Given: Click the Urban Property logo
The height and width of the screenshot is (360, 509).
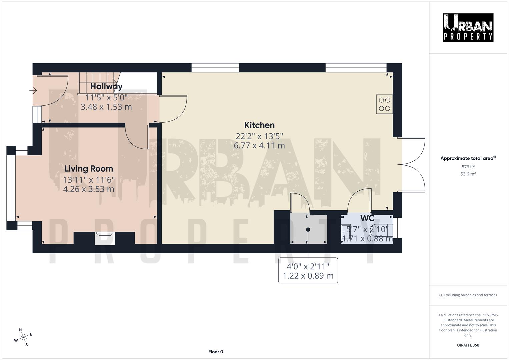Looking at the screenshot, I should tap(468, 27).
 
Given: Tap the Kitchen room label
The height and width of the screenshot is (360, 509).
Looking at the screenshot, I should tap(259, 125).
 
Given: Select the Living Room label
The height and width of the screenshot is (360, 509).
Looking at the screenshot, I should tap(89, 169).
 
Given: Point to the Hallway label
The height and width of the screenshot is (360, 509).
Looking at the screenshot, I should tap(106, 86).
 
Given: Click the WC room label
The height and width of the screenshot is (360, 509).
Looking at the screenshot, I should tap(367, 218).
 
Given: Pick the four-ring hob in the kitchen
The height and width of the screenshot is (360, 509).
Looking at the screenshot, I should tap(384, 104).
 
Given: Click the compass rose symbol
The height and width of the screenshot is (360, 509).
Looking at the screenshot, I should tap(23, 337).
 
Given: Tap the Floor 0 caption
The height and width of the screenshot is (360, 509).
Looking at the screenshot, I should tap(216, 352).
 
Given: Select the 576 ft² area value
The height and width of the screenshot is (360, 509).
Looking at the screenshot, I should tap(468, 167).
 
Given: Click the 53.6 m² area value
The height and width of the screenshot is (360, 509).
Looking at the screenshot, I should tap(468, 174).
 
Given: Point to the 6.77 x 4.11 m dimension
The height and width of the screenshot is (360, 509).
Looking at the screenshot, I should tap(259, 145).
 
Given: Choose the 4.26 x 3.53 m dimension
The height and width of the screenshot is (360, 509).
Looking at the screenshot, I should tap(89, 189).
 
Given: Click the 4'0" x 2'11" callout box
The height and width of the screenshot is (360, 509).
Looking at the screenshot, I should tap(308, 271).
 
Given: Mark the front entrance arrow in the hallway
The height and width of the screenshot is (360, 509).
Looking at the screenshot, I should tap(33, 90).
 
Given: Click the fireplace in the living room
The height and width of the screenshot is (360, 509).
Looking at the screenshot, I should tap(104, 237).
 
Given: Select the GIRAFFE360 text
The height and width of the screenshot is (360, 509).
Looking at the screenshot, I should tap(468, 345).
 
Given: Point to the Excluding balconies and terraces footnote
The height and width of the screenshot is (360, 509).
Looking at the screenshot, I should tap(468, 295).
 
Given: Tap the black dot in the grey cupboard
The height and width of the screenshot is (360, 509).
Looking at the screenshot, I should tap(308, 229).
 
